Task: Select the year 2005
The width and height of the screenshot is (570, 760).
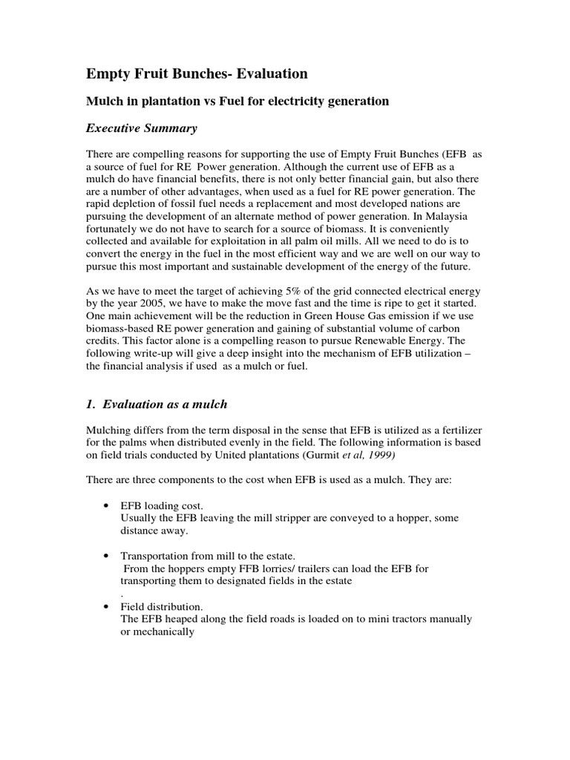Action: pyautogui.click(x=151, y=301)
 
